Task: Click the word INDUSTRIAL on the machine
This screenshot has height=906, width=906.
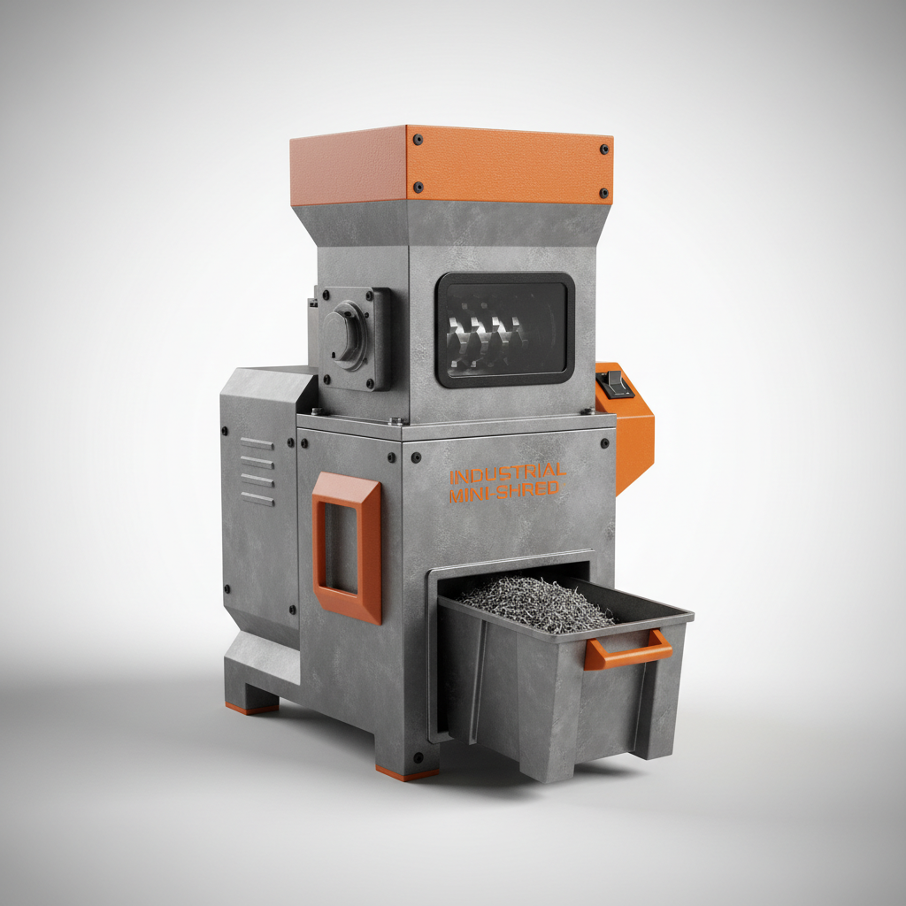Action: pos(508,472)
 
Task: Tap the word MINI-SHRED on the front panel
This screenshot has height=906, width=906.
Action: pos(504,491)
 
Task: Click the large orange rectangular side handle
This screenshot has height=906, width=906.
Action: pos(347,548)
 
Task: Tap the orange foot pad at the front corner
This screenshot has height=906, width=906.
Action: pos(406,773)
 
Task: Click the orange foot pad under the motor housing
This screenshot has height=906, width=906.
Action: pos(250,708)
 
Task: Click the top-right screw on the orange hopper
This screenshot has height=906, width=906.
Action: pos(604,149)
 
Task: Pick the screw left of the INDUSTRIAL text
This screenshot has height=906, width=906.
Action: pos(416,459)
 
